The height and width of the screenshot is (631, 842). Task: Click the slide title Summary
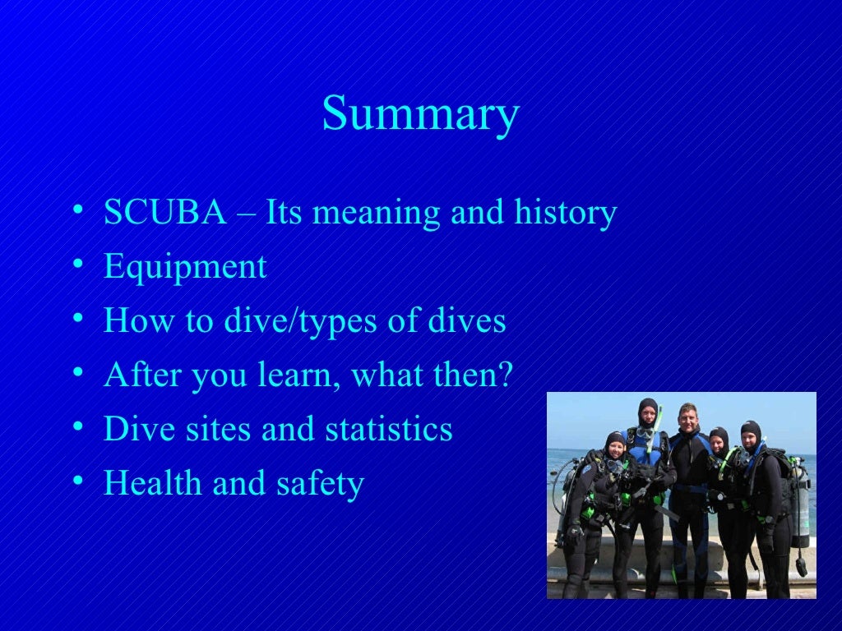click(420, 114)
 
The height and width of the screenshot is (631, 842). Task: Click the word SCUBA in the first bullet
click(164, 213)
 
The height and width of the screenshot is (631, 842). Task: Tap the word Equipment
click(185, 267)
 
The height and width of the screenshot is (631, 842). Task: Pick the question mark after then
click(504, 375)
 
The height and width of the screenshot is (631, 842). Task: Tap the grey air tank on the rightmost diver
click(799, 501)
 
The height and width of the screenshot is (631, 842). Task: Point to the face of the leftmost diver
click(616, 447)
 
